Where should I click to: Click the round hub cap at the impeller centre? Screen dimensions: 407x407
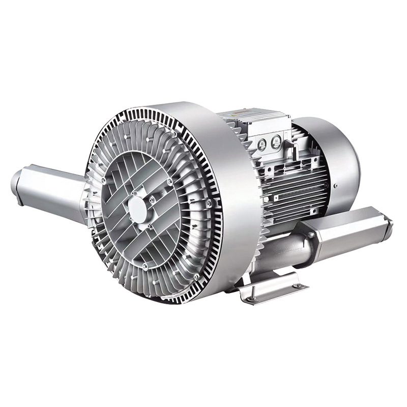138,207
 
